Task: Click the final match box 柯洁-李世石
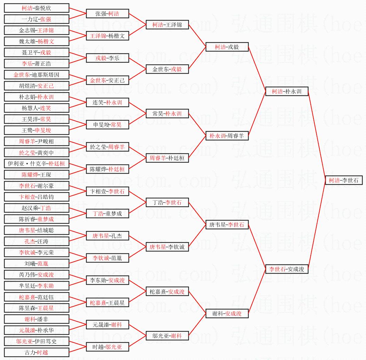click(x=344, y=180)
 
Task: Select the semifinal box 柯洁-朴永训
click(x=287, y=91)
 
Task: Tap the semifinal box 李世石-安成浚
click(x=287, y=269)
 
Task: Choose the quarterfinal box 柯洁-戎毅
click(x=227, y=47)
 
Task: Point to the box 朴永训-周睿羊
click(x=227, y=136)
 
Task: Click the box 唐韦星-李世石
click(x=227, y=225)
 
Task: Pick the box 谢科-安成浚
click(x=227, y=313)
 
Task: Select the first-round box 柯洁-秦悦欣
click(x=36, y=8)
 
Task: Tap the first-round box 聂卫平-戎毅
click(x=36, y=52)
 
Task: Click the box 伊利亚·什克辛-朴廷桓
click(x=36, y=164)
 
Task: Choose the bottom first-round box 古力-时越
click(x=36, y=352)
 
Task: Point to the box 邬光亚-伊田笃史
click(x=36, y=341)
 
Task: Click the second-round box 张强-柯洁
click(x=107, y=14)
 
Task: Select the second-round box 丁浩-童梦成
click(x=107, y=214)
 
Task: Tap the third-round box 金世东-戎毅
click(x=167, y=69)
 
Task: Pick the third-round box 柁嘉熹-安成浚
click(x=167, y=292)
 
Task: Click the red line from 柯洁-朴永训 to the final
click(x=317, y=136)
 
